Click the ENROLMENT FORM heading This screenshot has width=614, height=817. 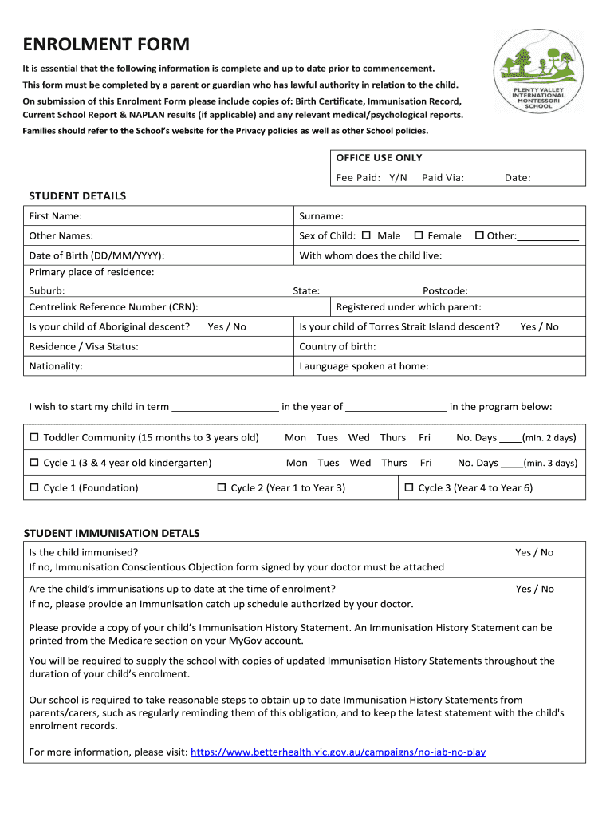pos(105,44)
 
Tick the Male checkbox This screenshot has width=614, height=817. pos(367,235)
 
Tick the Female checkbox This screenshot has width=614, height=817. pos(419,235)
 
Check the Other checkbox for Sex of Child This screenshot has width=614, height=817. pos(479,235)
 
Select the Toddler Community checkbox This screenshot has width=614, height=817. pos(34,437)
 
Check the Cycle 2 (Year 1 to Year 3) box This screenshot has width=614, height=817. pos(222,487)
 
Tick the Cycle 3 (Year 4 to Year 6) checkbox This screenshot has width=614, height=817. pos(409,487)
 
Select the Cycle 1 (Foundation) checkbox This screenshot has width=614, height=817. pos(34,487)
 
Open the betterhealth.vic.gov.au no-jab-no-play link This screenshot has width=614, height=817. pos(338,752)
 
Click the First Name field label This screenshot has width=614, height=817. pos(55,216)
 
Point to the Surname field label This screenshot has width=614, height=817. pos(321,216)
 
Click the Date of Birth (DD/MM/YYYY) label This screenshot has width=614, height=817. pos(96,255)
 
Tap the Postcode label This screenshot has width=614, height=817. pos(445,291)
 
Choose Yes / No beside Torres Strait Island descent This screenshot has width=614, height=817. pos(539,326)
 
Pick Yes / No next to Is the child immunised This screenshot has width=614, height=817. pos(533,552)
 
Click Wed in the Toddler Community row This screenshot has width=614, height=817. pos(359,437)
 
